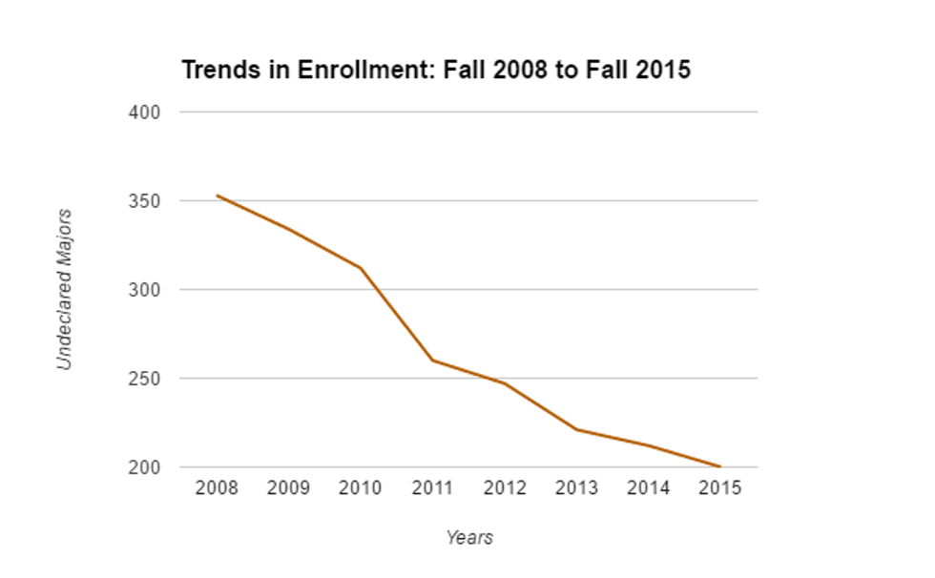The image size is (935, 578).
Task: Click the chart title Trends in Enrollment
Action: click(x=435, y=71)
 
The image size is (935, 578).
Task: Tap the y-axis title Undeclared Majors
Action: click(x=64, y=289)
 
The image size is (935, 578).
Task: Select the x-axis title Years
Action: click(x=469, y=538)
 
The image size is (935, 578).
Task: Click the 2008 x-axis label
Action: click(x=217, y=488)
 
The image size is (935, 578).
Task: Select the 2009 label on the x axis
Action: click(x=288, y=488)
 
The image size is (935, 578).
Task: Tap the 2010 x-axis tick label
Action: click(x=361, y=488)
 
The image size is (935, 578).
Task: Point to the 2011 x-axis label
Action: click(x=432, y=488)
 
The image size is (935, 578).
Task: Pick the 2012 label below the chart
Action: click(x=505, y=488)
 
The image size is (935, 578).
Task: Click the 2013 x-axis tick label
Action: click(x=576, y=488)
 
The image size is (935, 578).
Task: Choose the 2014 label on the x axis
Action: click(x=649, y=488)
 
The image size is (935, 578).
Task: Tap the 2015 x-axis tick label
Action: click(x=720, y=488)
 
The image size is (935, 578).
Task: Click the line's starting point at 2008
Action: click(x=217, y=196)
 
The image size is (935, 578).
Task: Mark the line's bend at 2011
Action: click(x=432, y=361)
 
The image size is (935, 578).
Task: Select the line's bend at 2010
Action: click(x=361, y=268)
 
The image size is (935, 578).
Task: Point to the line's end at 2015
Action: click(x=720, y=467)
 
